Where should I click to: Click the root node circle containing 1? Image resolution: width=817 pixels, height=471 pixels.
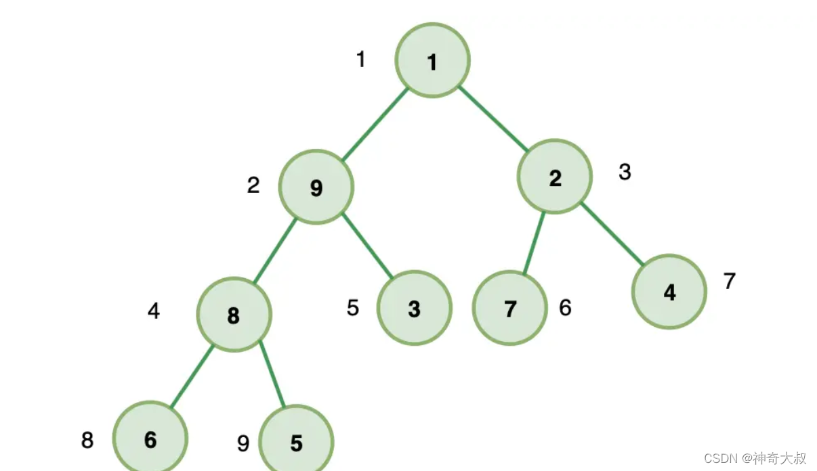tap(432, 61)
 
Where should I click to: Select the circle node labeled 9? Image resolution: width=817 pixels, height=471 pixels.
tap(316, 187)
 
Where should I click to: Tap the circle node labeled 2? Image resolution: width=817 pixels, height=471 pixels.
tap(555, 177)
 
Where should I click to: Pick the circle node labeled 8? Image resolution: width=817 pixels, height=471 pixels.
tap(234, 315)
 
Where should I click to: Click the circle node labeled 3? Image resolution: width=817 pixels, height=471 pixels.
tap(414, 308)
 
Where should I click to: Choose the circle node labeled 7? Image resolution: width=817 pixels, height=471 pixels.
tap(509, 309)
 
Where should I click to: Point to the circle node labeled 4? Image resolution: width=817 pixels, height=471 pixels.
tap(669, 292)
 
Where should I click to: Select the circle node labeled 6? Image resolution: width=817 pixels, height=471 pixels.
tap(150, 439)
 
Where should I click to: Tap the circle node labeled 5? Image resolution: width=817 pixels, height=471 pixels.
tap(296, 442)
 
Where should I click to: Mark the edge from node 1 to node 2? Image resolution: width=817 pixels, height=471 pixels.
tap(493, 118)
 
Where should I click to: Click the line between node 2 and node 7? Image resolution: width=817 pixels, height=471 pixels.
tap(534, 244)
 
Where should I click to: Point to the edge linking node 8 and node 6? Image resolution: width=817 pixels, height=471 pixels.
tap(192, 377)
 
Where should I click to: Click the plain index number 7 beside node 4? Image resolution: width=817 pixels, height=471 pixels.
tap(729, 280)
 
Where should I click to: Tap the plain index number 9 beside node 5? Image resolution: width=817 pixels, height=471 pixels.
tap(243, 443)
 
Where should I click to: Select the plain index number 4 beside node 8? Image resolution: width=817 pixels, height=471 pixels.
tap(154, 311)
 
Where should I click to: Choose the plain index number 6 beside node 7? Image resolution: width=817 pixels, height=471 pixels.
tap(565, 308)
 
